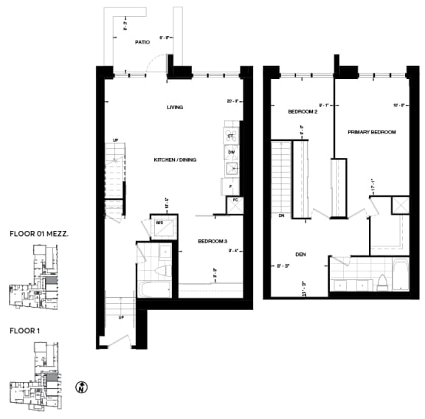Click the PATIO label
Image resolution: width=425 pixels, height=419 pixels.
click(x=142, y=43)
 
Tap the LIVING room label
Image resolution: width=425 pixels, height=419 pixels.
click(x=175, y=108)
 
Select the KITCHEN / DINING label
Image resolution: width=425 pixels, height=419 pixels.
click(x=175, y=160)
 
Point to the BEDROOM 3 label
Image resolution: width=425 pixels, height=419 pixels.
click(x=212, y=241)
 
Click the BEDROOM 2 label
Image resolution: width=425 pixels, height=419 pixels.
click(x=303, y=112)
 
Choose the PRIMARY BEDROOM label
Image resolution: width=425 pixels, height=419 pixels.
click(x=372, y=132)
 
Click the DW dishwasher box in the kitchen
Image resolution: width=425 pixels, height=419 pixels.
click(x=231, y=152)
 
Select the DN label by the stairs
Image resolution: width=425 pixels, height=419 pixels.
click(x=281, y=216)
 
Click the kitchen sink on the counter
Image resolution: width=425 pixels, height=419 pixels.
click(x=231, y=169)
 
